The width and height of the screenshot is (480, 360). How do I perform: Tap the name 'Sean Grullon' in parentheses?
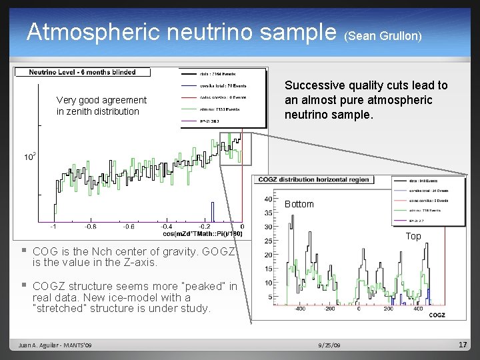point(383,35)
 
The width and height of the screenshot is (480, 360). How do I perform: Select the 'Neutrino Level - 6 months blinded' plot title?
point(83,72)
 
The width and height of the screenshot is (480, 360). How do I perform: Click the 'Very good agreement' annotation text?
point(101,100)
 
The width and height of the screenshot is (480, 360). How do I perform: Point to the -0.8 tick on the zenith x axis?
point(91,226)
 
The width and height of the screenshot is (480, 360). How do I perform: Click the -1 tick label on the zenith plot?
point(53,226)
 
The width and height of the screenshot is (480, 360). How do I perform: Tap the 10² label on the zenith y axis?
point(30,157)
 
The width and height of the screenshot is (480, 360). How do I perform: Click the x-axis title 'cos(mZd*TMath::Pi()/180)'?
point(202,233)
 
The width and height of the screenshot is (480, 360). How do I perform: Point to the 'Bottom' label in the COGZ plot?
point(299,204)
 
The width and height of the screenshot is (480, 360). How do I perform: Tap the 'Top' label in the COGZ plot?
point(413,236)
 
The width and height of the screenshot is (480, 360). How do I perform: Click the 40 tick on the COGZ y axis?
point(267,199)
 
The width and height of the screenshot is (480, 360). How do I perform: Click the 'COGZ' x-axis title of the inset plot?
point(437,315)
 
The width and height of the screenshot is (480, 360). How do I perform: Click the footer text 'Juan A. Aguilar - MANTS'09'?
point(56,345)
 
